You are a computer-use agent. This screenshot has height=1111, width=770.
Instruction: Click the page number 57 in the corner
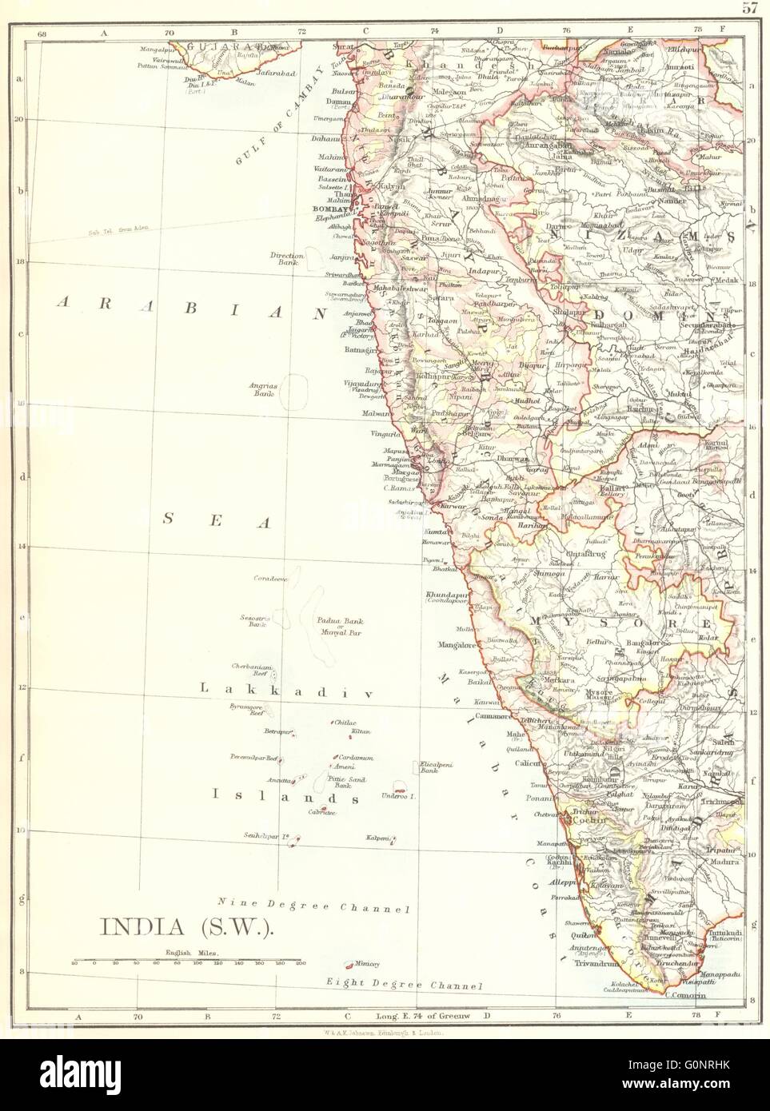pos(749,9)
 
